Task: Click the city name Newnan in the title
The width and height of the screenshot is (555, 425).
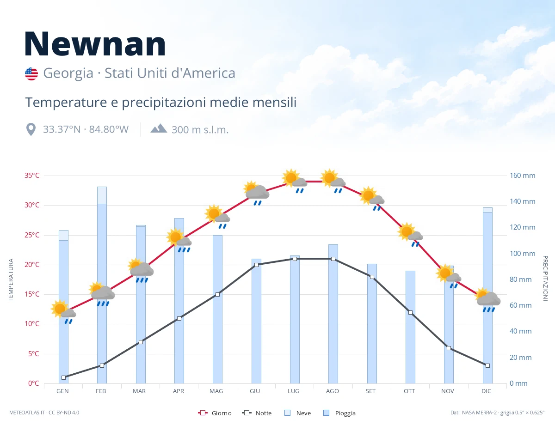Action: pyautogui.click(x=95, y=44)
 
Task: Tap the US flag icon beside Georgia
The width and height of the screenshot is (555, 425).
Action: pyautogui.click(x=31, y=74)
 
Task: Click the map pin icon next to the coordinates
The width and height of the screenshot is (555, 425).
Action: pyautogui.click(x=31, y=129)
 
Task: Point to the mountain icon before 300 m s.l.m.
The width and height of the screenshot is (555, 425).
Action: pyautogui.click(x=159, y=128)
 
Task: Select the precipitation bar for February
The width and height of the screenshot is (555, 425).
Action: pyautogui.click(x=102, y=285)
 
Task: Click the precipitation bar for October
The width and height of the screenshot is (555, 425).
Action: pyautogui.click(x=410, y=327)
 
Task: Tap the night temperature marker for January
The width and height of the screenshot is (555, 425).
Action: pyautogui.click(x=64, y=377)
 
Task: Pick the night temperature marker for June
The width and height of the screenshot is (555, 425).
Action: pyautogui.click(x=256, y=265)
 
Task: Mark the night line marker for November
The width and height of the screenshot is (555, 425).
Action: pyautogui.click(x=449, y=348)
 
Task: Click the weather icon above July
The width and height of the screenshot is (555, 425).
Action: pyautogui.click(x=295, y=181)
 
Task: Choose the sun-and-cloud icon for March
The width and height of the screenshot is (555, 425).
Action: pyautogui.click(x=141, y=270)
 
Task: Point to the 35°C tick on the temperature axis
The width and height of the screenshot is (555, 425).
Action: pyautogui.click(x=32, y=176)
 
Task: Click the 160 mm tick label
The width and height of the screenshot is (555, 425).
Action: pyautogui.click(x=522, y=176)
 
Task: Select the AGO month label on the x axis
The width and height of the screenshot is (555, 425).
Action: pyautogui.click(x=332, y=391)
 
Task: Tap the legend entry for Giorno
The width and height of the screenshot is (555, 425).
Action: pyautogui.click(x=215, y=413)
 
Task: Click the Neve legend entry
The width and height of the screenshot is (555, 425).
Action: pyautogui.click(x=297, y=413)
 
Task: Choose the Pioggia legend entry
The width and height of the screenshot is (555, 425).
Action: pyautogui.click(x=339, y=413)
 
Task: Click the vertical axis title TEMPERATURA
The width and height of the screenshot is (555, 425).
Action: pyautogui.click(x=11, y=280)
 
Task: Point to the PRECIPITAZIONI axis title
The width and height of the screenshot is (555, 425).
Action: pyautogui.click(x=545, y=278)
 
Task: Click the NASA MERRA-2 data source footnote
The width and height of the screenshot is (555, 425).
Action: pyautogui.click(x=497, y=413)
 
